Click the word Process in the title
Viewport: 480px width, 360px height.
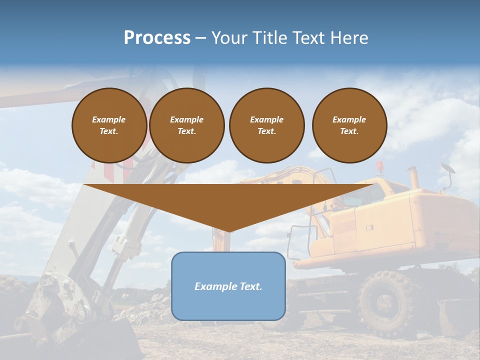click(157, 38)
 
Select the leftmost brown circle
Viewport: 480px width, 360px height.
click(109, 125)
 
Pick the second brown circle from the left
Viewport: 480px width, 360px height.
click(186, 125)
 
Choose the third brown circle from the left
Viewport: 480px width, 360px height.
click(266, 125)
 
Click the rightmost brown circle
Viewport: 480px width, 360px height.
click(349, 125)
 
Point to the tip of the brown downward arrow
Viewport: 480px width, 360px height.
click(228, 231)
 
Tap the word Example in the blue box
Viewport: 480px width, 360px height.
click(215, 286)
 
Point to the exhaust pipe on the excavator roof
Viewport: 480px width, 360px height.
click(414, 177)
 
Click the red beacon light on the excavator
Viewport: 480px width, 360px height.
click(380, 165)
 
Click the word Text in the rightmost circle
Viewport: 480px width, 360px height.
click(349, 131)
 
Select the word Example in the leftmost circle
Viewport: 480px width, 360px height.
click(109, 119)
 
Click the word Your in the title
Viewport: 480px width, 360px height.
click(230, 38)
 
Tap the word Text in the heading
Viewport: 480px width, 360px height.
click(308, 38)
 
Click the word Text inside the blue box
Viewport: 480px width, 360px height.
click(250, 286)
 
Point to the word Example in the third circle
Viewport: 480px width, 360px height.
click(266, 119)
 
